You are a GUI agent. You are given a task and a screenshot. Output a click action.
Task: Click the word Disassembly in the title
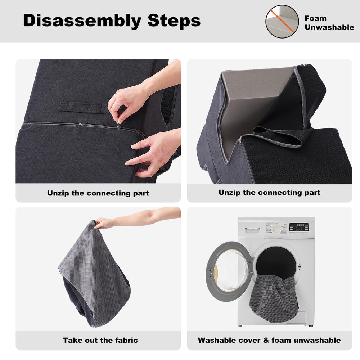pos(82,21)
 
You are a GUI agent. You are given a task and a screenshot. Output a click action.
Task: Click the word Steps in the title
pos(174,20)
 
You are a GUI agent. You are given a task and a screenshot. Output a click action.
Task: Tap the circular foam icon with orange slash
pos(282,22)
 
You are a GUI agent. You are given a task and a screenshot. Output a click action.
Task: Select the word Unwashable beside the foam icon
pos(329,27)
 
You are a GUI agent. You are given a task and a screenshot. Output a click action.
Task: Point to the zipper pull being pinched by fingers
pos(119,127)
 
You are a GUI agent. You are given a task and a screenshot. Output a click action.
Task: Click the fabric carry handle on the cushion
pos(84,107)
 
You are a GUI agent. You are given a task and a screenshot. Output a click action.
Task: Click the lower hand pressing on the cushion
pos(154,153)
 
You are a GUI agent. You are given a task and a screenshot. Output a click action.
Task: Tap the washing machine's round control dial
pos(276,229)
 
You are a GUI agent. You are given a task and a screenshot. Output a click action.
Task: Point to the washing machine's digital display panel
pos(299,227)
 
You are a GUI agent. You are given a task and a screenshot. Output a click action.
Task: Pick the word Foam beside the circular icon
pos(315,18)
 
